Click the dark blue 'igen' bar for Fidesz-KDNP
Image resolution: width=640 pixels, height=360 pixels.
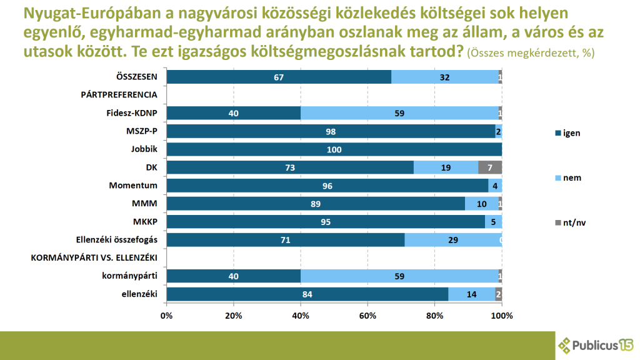(233, 113)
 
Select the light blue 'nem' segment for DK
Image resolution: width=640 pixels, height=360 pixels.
(446, 167)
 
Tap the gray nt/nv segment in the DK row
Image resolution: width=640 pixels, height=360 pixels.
(490, 167)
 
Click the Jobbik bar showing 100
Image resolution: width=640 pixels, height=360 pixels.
(334, 149)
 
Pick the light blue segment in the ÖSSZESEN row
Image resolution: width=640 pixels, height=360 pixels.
(445, 77)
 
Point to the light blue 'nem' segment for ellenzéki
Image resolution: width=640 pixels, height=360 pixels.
(472, 294)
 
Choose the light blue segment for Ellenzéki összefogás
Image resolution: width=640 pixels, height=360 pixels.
(453, 240)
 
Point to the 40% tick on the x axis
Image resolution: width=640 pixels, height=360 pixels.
(301, 316)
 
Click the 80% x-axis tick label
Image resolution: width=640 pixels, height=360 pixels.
(434, 316)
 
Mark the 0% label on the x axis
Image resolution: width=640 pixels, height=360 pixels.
(166, 316)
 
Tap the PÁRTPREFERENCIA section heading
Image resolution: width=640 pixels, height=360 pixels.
(119, 95)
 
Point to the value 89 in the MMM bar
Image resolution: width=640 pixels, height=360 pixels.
(316, 204)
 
